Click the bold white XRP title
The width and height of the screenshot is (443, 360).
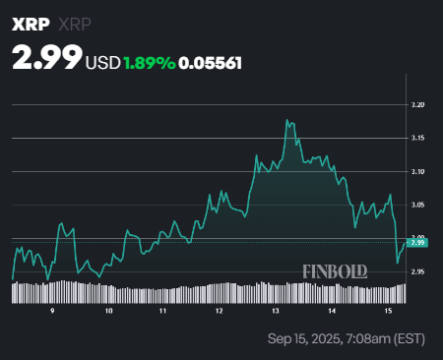pyautogui.click(x=31, y=22)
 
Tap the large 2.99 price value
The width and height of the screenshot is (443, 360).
pyautogui.click(x=46, y=58)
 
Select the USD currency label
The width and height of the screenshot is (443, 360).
pyautogui.click(x=103, y=62)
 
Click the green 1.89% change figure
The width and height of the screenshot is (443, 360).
pyautogui.click(x=149, y=62)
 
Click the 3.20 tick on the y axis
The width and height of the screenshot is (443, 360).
pyautogui.click(x=417, y=104)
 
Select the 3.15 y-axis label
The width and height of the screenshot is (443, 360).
pyautogui.click(x=417, y=138)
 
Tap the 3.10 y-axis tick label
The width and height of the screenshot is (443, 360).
pyautogui.click(x=417, y=171)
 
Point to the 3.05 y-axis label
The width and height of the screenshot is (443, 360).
pyautogui.click(x=417, y=205)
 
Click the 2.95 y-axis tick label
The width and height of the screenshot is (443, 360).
pyautogui.click(x=417, y=271)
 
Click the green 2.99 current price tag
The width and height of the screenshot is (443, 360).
pyautogui.click(x=417, y=243)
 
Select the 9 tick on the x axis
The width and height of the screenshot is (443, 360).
pyautogui.click(x=52, y=310)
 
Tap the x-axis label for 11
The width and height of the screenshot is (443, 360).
pyautogui.click(x=164, y=310)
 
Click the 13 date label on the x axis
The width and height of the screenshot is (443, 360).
pyautogui.click(x=277, y=310)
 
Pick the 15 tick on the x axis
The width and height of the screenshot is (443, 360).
pyautogui.click(x=389, y=310)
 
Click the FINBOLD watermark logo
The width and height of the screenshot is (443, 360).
pyautogui.click(x=336, y=268)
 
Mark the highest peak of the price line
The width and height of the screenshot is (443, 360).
pyautogui.click(x=287, y=120)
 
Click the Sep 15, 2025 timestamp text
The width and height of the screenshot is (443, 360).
pyautogui.click(x=348, y=339)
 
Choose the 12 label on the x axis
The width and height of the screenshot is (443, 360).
pyautogui.click(x=221, y=310)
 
